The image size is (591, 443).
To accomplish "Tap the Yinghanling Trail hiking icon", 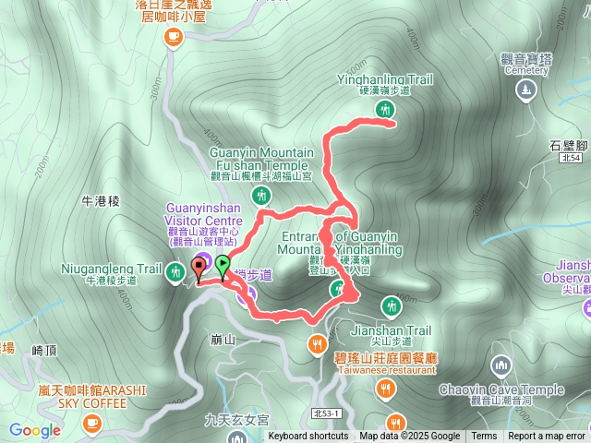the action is coord(384,110).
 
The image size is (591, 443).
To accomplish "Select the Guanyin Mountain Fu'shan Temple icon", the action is coord(263,196).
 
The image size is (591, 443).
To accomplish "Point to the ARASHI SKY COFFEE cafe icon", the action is coord(90,423).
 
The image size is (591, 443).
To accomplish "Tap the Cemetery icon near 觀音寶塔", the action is coord(525,90).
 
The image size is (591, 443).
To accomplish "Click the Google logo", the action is coord(34,430).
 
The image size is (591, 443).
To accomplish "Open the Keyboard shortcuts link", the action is coord(308,437).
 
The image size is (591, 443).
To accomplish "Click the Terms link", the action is coord(484,437).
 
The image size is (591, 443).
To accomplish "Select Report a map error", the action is coord(547,437).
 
